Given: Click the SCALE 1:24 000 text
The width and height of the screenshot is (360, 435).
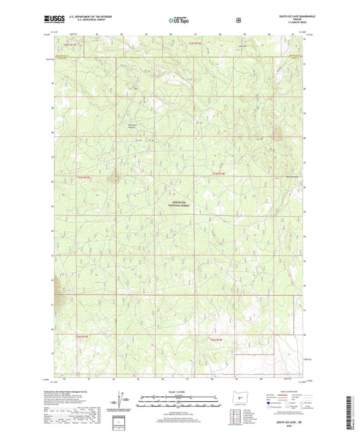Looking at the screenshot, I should [179, 392].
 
